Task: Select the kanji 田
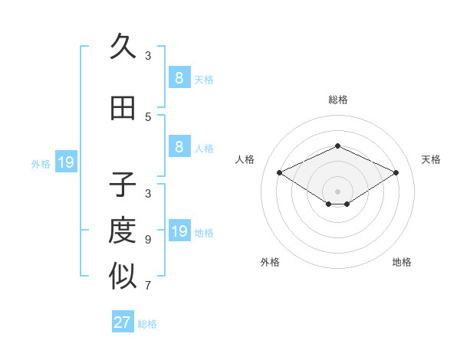click(x=123, y=108)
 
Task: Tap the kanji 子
click(x=123, y=185)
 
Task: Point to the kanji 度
click(x=123, y=231)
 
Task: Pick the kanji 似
click(x=123, y=277)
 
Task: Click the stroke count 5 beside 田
click(x=148, y=117)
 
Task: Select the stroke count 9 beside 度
click(x=148, y=240)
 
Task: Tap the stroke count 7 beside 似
click(x=148, y=286)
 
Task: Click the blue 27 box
click(x=123, y=322)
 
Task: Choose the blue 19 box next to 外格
click(x=65, y=162)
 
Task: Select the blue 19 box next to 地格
click(x=179, y=232)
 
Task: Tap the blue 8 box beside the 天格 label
click(x=179, y=78)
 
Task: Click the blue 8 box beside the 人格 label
click(x=179, y=147)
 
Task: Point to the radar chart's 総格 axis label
click(x=338, y=100)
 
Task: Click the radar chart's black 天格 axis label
click(x=431, y=159)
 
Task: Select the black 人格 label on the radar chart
click(x=245, y=159)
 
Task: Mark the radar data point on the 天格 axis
click(x=396, y=172)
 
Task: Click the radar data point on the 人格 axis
click(x=280, y=172)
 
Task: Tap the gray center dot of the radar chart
click(x=338, y=191)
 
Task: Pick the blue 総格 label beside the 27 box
click(x=148, y=324)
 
